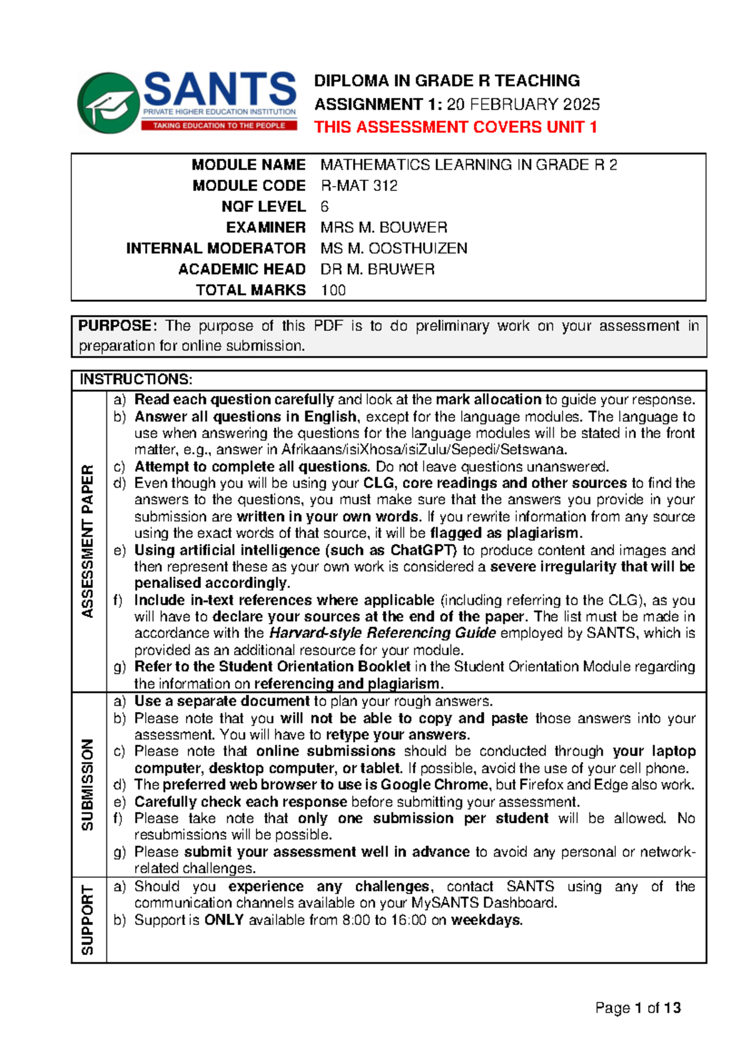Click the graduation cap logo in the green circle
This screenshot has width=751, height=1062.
pyautogui.click(x=108, y=103)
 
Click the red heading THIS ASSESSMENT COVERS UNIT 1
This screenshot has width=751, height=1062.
pyautogui.click(x=455, y=127)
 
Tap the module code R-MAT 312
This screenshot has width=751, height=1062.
pyautogui.click(x=359, y=186)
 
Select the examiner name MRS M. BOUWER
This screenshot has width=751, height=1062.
pyautogui.click(x=384, y=227)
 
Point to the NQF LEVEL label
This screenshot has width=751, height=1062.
pyautogui.click(x=263, y=207)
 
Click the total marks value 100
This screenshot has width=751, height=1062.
pyautogui.click(x=333, y=290)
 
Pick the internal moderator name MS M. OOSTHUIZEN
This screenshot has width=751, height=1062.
pyautogui.click(x=394, y=249)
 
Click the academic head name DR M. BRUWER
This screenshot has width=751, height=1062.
pyautogui.click(x=377, y=269)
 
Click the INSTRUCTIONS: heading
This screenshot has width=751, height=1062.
pyautogui.click(x=136, y=379)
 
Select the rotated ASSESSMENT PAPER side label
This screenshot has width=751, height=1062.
pyautogui.click(x=88, y=541)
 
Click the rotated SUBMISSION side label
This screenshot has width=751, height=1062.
pyautogui.click(x=88, y=785)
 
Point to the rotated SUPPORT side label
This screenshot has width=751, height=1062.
pyautogui.click(x=88, y=920)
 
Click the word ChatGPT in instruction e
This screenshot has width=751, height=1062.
pyautogui.click(x=424, y=550)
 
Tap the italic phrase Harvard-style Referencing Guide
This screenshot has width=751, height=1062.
pyautogui.click(x=382, y=633)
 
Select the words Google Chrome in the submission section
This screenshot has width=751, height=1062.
pyautogui.click(x=434, y=785)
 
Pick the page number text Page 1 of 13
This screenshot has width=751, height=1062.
pyautogui.click(x=637, y=1008)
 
